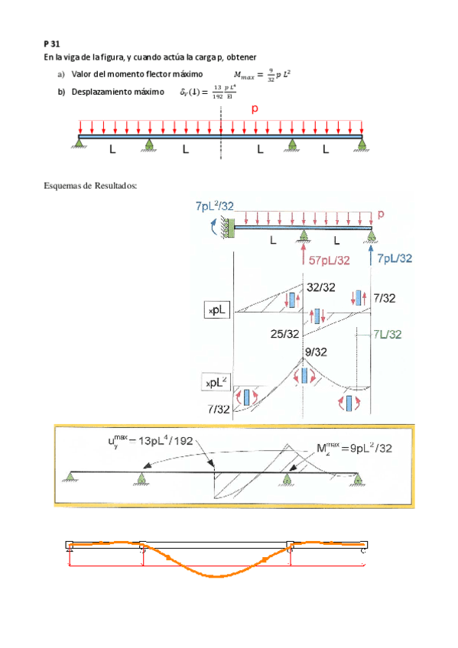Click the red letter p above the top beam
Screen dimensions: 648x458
pyautogui.click(x=255, y=109)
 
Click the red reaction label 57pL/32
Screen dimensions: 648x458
pyautogui.click(x=330, y=260)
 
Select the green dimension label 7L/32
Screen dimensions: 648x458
pyautogui.click(x=387, y=334)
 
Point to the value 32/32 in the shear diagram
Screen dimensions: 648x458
pyautogui.click(x=321, y=287)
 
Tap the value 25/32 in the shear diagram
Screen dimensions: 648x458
pyautogui.click(x=284, y=334)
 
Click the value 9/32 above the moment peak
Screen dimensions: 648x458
pyautogui.click(x=317, y=352)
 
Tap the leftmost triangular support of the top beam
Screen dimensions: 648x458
pyautogui.click(x=80, y=141)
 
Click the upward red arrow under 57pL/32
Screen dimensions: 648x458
pyautogui.click(x=304, y=251)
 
